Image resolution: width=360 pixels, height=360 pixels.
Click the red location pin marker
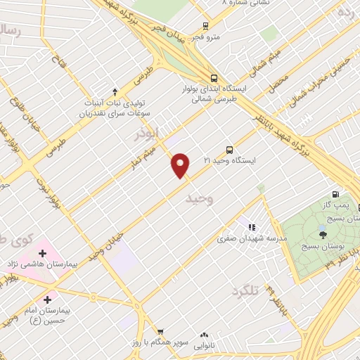pyautogui.click(x=181, y=165)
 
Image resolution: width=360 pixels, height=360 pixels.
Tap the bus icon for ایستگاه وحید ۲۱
pyautogui.click(x=229, y=150)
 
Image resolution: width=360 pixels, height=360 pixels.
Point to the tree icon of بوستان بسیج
pyautogui.click(x=323, y=231)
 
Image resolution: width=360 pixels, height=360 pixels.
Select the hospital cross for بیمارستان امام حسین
pyautogui.click(x=47, y=299)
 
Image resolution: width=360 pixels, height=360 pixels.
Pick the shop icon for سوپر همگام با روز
pyautogui.click(x=160, y=331)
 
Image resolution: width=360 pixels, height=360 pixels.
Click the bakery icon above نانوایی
pyautogui.click(x=205, y=336)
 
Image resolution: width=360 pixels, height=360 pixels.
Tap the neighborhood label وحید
pyautogui.click(x=199, y=200)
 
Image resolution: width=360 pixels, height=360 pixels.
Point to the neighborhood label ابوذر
pyautogui.click(x=148, y=132)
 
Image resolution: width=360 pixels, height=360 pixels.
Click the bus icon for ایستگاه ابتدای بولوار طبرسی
pyautogui.click(x=214, y=78)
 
